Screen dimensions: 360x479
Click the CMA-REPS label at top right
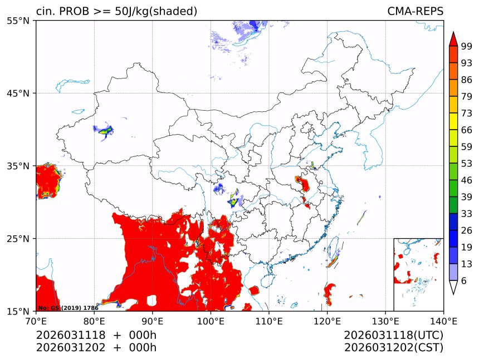pos(415,11)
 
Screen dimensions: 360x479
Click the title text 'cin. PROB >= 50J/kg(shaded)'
pos(116,11)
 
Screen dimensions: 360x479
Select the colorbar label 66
pos(466,130)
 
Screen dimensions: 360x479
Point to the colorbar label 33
pos(466,214)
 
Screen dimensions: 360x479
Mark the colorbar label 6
pos(464,281)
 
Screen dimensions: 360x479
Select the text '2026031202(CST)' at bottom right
pos(393,348)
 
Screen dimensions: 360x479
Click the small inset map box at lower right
pos(418,274)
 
